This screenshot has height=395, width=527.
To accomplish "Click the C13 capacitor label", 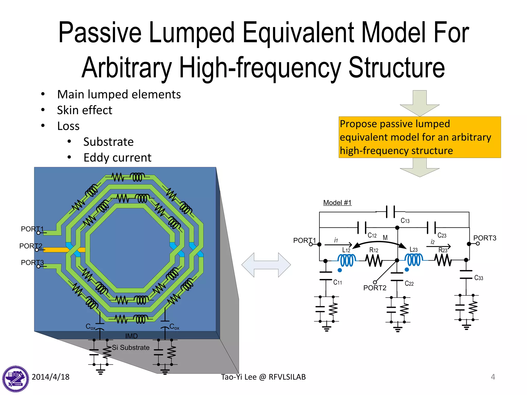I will tap(405, 221).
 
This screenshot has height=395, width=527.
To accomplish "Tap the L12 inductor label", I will tap(346, 250).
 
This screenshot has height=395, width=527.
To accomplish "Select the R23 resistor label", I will tap(443, 250).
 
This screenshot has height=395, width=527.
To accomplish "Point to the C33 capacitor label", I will tap(479, 278).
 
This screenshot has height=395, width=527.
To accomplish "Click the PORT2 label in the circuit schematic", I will tap(375, 288).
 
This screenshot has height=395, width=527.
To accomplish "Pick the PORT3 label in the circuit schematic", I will tap(485, 238).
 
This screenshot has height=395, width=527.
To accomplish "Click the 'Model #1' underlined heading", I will tap(337, 203).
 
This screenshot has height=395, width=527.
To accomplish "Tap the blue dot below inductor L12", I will tap(340, 270).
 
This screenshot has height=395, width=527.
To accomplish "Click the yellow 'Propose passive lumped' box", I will tap(419, 137).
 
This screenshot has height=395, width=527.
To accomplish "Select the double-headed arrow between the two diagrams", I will tap(266, 265).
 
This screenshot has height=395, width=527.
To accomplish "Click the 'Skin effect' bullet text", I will tap(85, 110).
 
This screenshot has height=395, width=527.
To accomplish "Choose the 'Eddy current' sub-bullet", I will tap(117, 158).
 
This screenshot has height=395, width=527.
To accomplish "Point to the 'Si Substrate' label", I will tap(131, 347).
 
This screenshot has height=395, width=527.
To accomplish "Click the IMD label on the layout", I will tap(131, 336).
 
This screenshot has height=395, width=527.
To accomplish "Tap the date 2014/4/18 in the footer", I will tap(51, 377).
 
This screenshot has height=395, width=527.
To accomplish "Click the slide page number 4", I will tap(493, 377).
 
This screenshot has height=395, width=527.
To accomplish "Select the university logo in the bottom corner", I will tap(16, 379).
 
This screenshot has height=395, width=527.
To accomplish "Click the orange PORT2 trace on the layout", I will tap(55, 249).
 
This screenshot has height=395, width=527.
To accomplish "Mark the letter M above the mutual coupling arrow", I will tap(385, 238).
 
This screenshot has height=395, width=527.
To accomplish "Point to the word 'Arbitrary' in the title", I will tap(127, 67).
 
